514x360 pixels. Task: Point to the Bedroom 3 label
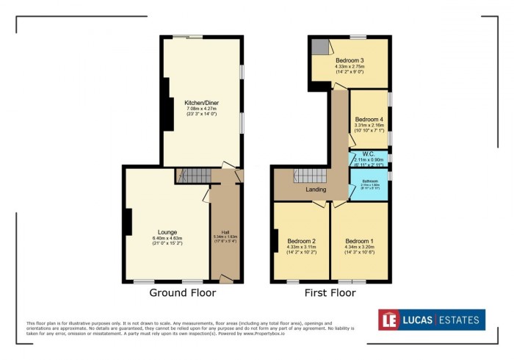click(350, 60)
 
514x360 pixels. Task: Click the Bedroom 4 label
click(369, 119)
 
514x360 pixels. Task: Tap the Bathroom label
click(369, 181)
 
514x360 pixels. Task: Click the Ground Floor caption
click(183, 292)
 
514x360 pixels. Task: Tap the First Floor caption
click(330, 292)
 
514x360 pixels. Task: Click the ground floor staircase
click(195, 176)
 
